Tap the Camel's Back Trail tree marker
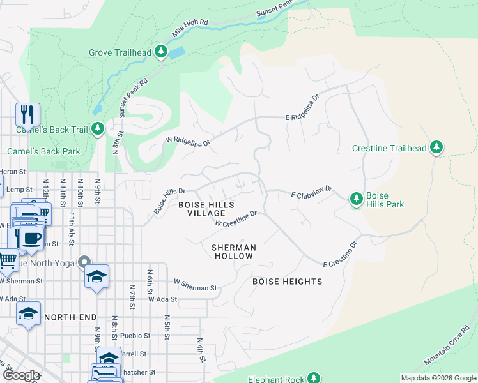(x=98, y=130)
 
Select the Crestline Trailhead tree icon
(x=436, y=148)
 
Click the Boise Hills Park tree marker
(x=357, y=200)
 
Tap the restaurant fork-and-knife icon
(x=27, y=115)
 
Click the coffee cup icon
(x=30, y=237)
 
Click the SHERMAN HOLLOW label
(x=234, y=252)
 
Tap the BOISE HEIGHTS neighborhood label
(x=287, y=281)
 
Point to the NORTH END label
(x=70, y=317)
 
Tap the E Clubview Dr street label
(x=312, y=191)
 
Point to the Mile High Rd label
(x=190, y=29)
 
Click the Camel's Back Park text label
(x=43, y=151)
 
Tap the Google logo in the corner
(x=21, y=375)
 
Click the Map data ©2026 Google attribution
(x=438, y=378)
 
